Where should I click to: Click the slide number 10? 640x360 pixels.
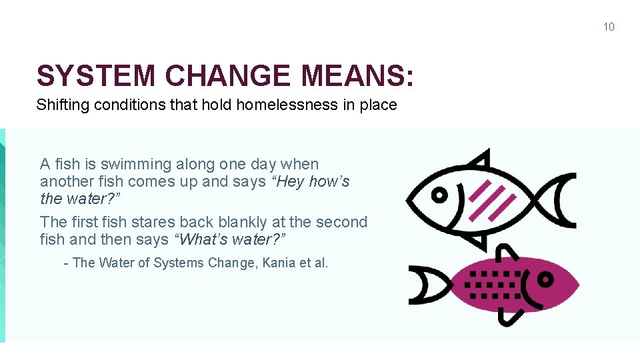[x=608, y=27]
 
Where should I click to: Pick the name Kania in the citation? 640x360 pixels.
[x=279, y=263]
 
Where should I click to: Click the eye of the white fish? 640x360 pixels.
[x=439, y=195]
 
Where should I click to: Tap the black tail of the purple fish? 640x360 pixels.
[x=427, y=285]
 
